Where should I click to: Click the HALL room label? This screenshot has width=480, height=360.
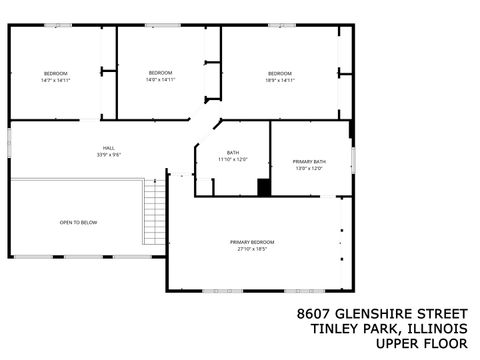click(108, 148)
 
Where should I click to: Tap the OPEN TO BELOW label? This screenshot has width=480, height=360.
click(78, 221)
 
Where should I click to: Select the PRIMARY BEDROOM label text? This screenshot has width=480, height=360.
click(252, 242)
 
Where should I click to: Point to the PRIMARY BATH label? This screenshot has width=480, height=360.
click(309, 161)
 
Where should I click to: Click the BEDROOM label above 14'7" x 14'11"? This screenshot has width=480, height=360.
click(55, 73)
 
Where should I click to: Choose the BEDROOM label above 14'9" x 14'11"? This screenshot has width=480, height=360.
click(160, 73)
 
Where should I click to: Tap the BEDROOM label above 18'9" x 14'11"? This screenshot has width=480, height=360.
click(280, 73)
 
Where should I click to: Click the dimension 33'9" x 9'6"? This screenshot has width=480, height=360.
click(108, 155)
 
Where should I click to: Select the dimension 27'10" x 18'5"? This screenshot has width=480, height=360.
click(252, 249)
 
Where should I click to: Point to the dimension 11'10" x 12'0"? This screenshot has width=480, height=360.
click(233, 159)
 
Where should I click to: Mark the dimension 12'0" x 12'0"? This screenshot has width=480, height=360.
click(309, 168)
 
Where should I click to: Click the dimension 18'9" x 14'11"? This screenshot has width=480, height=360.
click(280, 80)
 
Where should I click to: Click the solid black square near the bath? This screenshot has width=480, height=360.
click(264, 187)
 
